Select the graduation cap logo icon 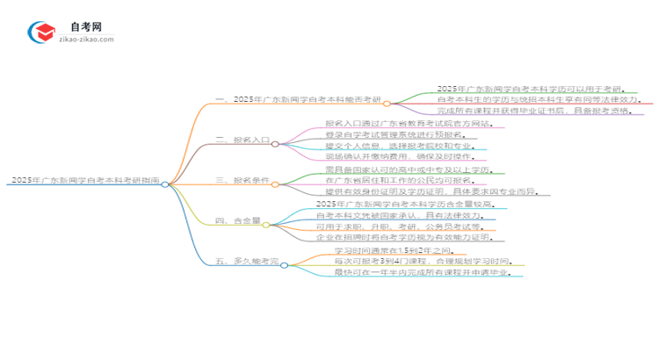(x=41, y=32)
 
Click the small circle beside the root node (x=165, y=184)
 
